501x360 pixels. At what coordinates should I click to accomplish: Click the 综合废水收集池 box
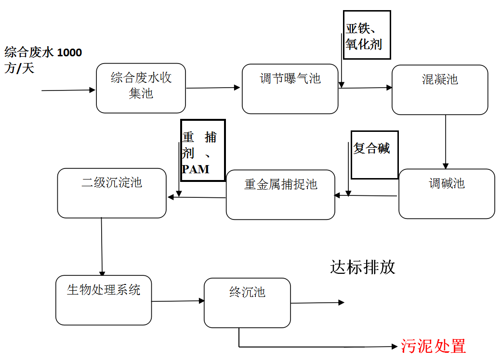click(141, 88)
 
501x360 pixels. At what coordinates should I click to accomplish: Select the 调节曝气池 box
click(290, 89)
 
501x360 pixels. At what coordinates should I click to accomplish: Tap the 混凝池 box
click(440, 90)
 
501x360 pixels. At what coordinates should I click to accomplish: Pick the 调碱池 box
click(447, 193)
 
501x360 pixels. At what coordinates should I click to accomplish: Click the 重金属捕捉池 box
click(280, 194)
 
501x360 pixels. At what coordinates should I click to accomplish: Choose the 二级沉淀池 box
click(112, 193)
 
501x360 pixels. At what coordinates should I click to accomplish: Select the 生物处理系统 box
click(104, 300)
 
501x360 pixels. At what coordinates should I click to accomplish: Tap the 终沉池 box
click(247, 303)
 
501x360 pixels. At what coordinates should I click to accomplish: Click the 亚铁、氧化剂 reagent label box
click(366, 35)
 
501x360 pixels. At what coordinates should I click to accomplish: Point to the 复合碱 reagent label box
click(374, 154)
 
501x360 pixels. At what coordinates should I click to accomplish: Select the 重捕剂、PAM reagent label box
click(203, 150)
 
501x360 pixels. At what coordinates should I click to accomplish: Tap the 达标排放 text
click(363, 267)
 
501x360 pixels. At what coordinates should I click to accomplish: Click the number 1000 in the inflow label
click(69, 52)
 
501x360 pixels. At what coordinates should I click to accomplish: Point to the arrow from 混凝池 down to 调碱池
click(445, 141)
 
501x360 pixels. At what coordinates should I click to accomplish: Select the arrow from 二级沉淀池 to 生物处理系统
click(102, 246)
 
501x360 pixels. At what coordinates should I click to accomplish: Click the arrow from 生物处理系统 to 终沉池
click(178, 301)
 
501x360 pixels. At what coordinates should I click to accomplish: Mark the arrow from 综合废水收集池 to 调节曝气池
click(213, 88)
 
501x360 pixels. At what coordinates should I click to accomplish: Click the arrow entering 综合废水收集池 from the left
click(68, 90)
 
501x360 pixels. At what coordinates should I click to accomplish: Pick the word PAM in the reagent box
click(196, 169)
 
